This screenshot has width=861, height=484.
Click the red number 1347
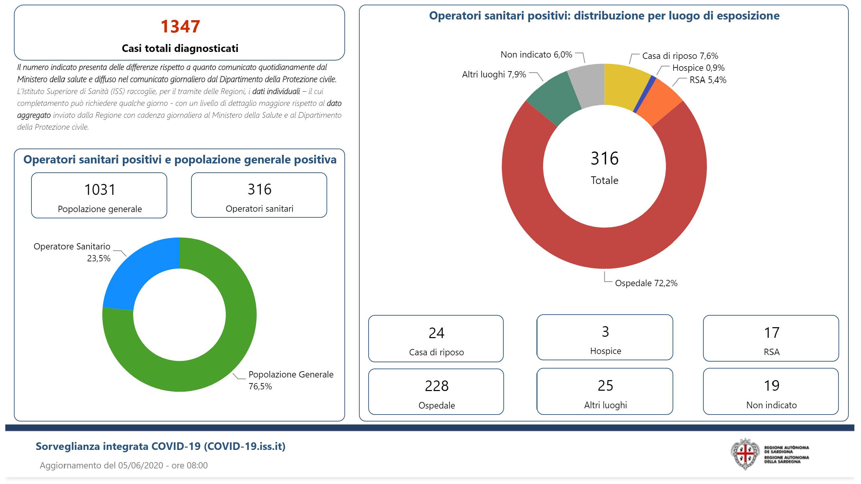click(x=180, y=26)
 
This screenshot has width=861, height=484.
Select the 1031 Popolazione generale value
click(x=100, y=190)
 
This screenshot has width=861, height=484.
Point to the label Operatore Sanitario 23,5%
click(x=72, y=252)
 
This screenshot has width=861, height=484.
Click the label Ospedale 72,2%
click(x=646, y=283)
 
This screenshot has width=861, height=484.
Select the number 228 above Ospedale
click(x=436, y=386)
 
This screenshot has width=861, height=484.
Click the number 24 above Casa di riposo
click(x=436, y=333)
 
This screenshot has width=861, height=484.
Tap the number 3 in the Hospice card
click(x=605, y=332)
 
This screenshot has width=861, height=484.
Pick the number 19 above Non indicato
click(x=772, y=386)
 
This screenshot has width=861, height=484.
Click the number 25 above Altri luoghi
click(x=605, y=386)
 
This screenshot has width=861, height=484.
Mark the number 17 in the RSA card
click(x=772, y=333)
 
